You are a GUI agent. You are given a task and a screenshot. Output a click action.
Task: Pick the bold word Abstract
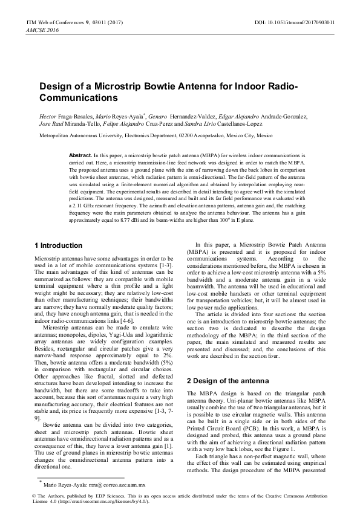click(80, 155)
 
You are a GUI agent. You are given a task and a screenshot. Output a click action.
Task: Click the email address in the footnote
click(117, 485)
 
